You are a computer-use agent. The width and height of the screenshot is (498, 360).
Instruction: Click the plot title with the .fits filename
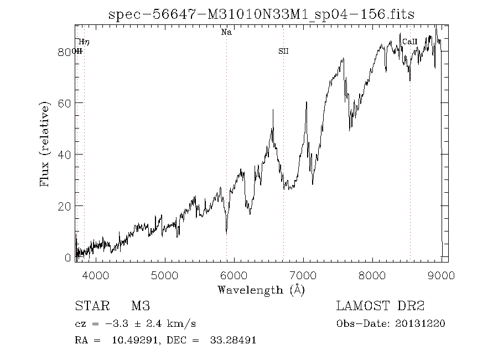[261, 15]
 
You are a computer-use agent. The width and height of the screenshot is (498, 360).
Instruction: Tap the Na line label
[226, 33]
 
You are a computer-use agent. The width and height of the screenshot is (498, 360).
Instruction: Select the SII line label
[283, 52]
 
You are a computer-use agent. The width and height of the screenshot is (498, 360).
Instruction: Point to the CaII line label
[409, 42]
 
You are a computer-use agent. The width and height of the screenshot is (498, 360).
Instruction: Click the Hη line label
[84, 42]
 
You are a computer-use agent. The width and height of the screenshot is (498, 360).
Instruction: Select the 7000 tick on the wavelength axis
[303, 275]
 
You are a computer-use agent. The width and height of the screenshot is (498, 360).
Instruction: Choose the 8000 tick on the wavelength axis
[372, 275]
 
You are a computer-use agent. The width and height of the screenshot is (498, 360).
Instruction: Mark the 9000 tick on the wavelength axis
[441, 275]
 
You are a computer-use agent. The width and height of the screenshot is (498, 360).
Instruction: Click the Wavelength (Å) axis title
[261, 290]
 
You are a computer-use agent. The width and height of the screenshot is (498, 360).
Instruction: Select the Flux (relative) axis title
[45, 143]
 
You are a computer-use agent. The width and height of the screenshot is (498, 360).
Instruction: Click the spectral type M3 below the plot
[141, 306]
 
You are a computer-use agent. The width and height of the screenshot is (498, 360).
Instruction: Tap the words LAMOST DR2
[380, 306]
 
